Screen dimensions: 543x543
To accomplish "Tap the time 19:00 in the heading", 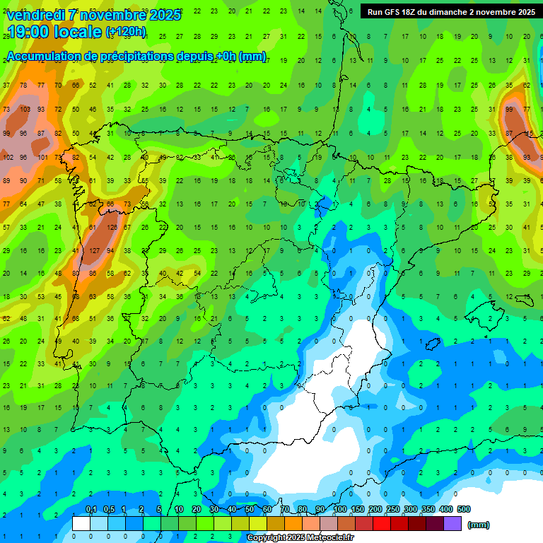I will pos(30,33).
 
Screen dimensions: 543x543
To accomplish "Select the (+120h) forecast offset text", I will pos(126,32).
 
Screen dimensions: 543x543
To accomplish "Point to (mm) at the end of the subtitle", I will pos(252,57).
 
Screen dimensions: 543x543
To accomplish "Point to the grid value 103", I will pos(24,110).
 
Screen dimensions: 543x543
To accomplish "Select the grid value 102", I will pos(8,157).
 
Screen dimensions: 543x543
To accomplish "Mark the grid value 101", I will pos(42,157).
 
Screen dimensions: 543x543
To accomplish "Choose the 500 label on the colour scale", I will pos(464,509).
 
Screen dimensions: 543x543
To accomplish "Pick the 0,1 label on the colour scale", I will pos(90,509).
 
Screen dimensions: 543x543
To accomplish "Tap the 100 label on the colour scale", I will pos(340,509).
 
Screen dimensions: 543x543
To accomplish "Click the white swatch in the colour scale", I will pos(81,523).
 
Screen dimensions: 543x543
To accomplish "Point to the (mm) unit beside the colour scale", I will pos(479,525).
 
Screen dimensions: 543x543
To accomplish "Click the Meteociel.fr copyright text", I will pos(300,537).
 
